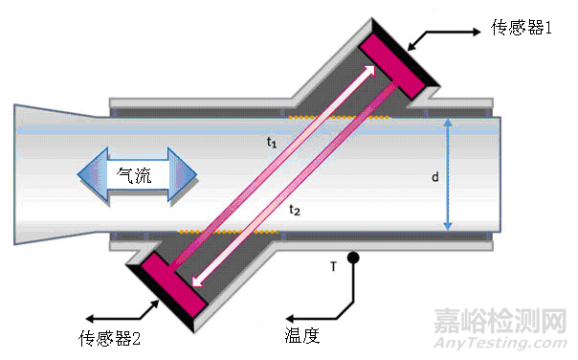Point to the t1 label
point(272,142)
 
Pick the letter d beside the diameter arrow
point(434,177)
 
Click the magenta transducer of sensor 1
point(391,67)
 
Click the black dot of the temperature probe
point(353,257)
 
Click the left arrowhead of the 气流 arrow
point(92,175)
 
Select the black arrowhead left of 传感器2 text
point(90,319)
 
